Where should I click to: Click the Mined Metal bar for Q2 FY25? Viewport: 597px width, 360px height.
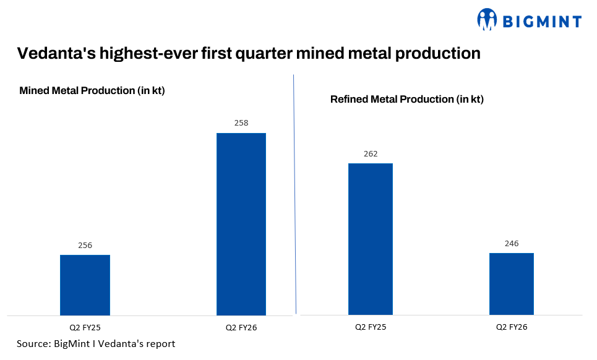[85, 285]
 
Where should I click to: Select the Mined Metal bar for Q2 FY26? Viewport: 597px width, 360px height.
[241, 224]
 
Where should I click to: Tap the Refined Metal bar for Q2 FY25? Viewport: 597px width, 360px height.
[370, 239]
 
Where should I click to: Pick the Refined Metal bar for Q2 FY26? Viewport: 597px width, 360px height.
[511, 284]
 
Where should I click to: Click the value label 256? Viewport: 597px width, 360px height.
[85, 246]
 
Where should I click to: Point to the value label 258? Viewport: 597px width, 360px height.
[241, 123]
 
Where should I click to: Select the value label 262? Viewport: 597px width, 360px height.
[370, 154]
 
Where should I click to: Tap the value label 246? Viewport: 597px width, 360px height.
[511, 244]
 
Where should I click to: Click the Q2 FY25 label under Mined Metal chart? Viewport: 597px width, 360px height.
[85, 327]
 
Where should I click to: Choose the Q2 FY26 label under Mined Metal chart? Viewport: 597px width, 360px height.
[241, 327]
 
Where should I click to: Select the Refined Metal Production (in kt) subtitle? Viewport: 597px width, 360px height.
[406, 99]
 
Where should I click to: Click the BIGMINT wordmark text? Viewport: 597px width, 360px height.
[541, 22]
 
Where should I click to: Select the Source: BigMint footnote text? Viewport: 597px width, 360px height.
[96, 343]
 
